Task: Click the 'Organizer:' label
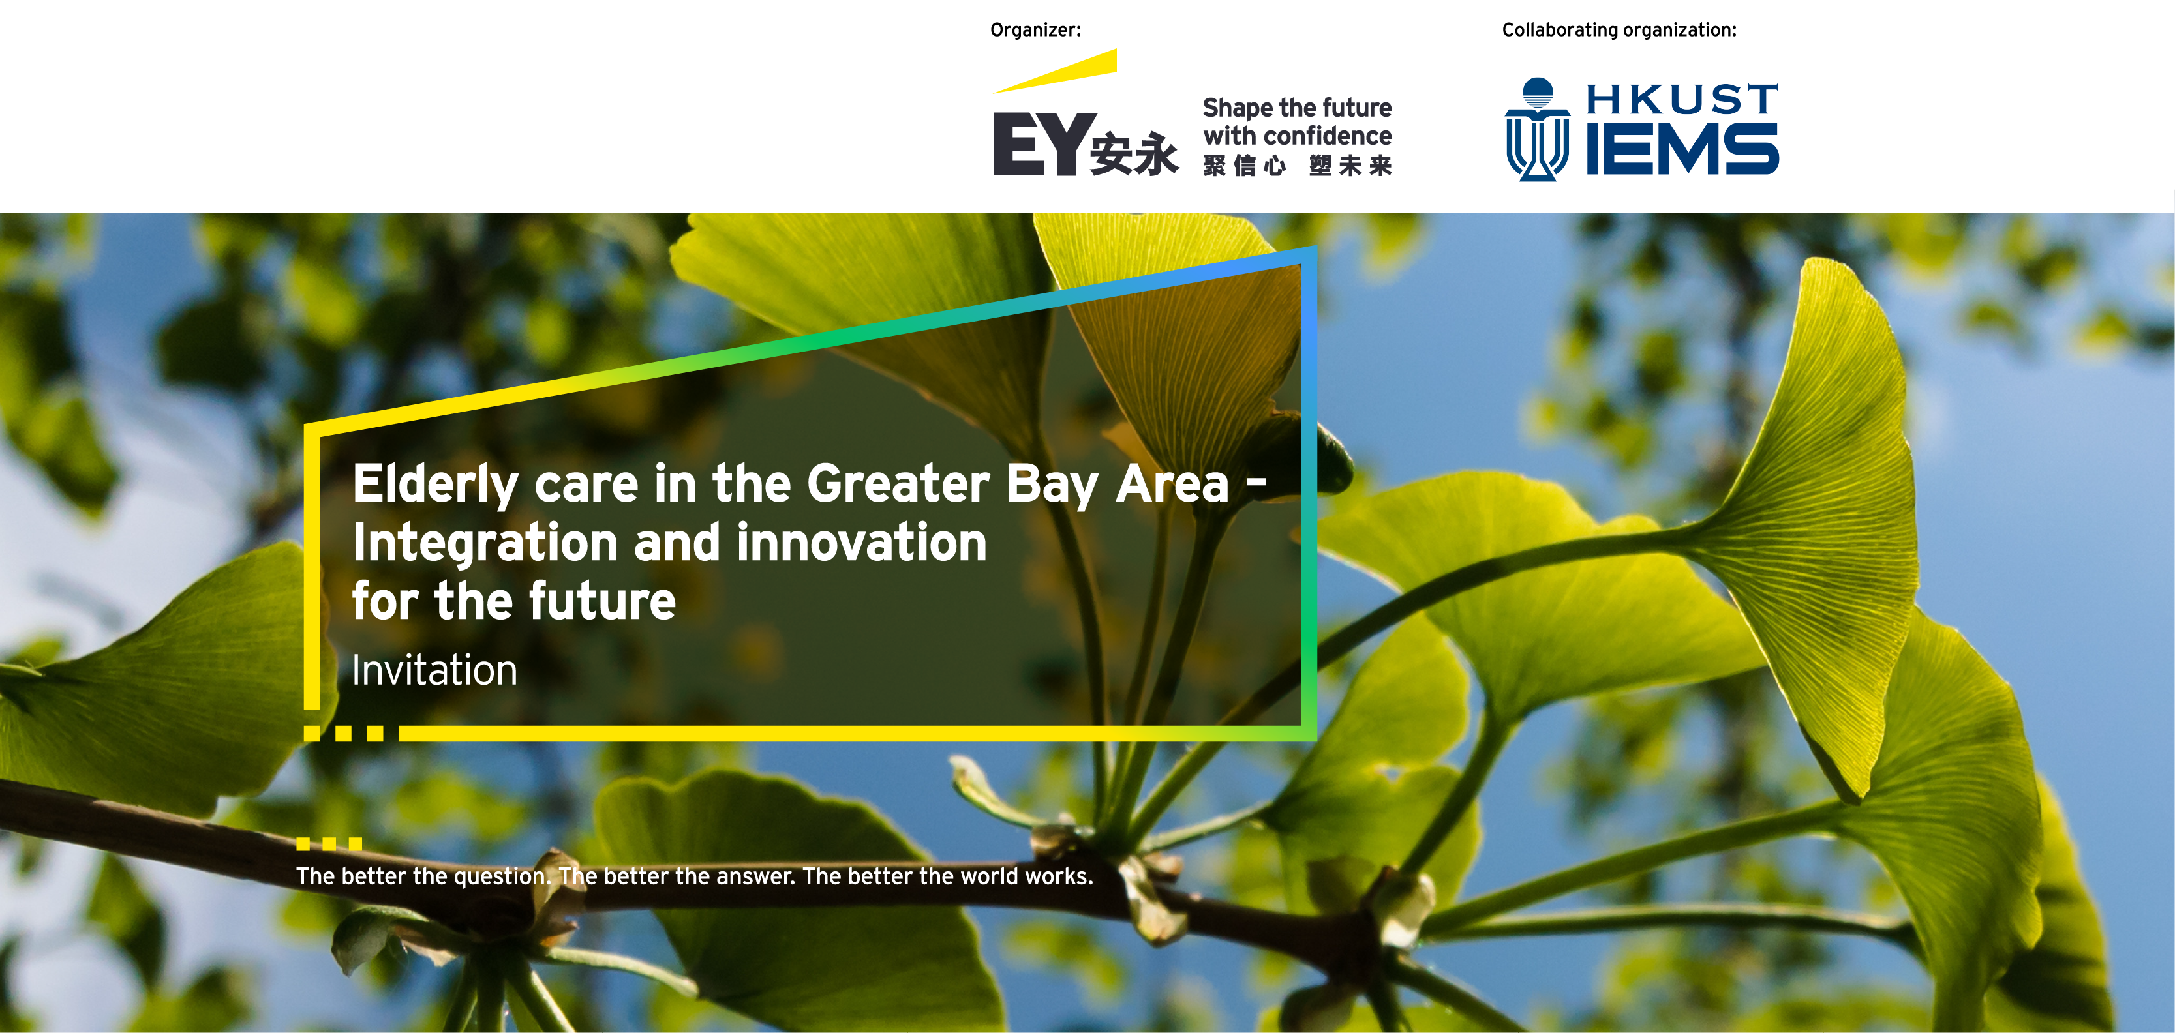point(1035,31)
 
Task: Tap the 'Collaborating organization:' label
point(1619,31)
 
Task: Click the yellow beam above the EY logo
point(1055,71)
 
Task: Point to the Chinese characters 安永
point(1134,154)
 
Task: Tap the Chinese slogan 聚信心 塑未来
point(1297,166)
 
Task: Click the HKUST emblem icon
point(1538,129)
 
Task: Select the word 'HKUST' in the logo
point(1682,100)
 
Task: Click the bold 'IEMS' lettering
point(1682,149)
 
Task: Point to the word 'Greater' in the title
point(898,484)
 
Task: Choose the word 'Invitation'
point(434,670)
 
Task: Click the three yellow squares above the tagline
point(329,844)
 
